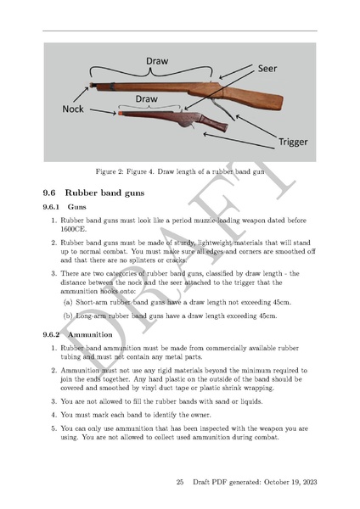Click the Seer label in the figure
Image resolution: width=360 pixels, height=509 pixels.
(267, 67)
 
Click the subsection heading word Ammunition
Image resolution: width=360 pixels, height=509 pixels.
(93, 335)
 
